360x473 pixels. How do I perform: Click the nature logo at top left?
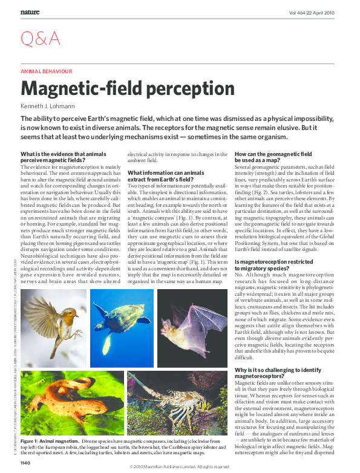click(x=31, y=11)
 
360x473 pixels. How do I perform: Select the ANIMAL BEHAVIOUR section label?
click(x=46, y=71)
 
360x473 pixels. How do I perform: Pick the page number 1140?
click(x=25, y=463)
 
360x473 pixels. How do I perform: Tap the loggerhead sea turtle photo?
click(x=122, y=327)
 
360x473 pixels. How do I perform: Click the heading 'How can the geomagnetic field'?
click(x=273, y=155)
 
